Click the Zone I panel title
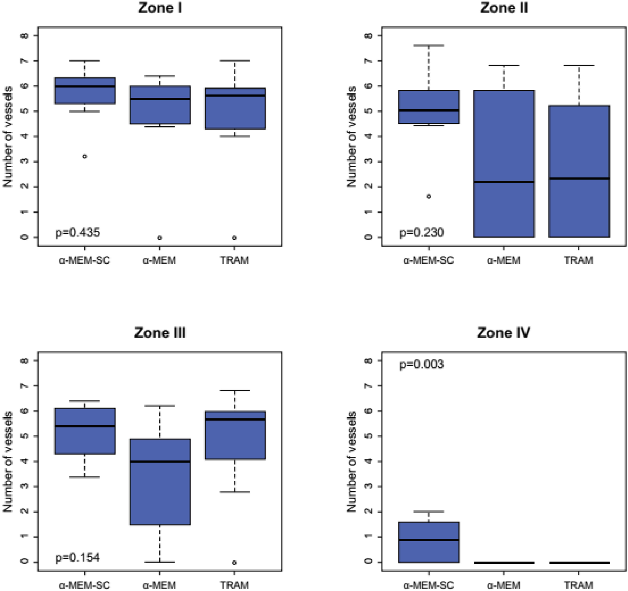pos(160,8)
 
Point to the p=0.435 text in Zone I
pos(78,232)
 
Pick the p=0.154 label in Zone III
pos(78,558)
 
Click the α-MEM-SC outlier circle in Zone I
pos(85,156)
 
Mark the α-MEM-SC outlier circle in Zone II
pos(429,196)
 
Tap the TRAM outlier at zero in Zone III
pos(234,562)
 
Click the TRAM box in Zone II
pos(579,142)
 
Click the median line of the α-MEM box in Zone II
pos(504,182)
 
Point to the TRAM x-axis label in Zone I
pos(234,260)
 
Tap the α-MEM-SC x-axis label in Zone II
pos(428,260)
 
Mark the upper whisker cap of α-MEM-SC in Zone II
pos(429,46)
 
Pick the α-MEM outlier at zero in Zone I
pos(160,238)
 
